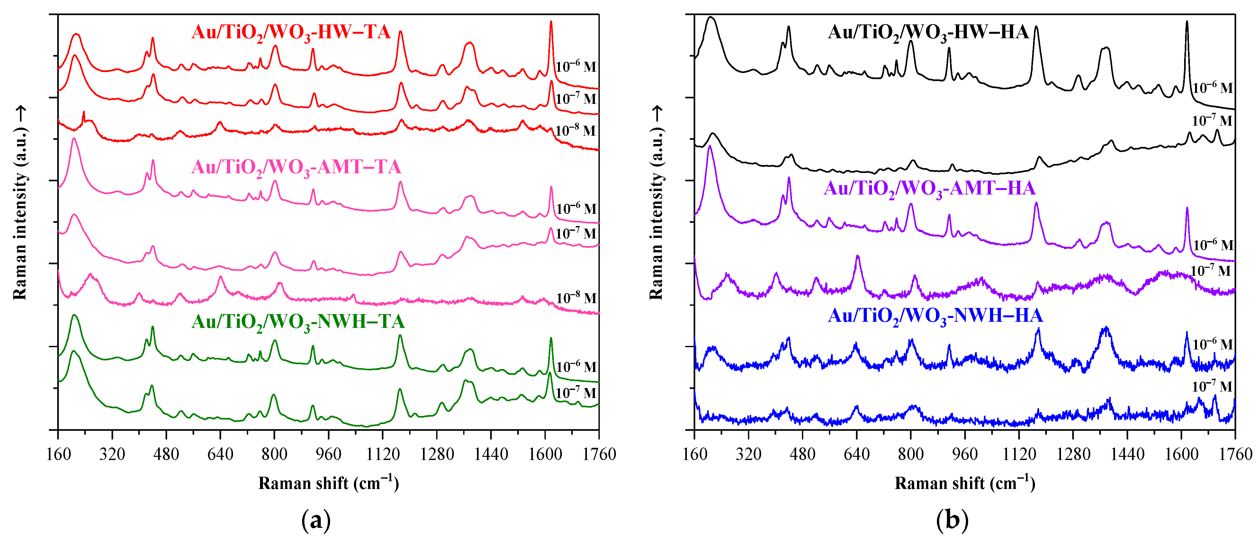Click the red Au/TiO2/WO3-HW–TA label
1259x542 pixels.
pos(291,33)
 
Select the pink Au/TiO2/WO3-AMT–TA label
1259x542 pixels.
pos(296,167)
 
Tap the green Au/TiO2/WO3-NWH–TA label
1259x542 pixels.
pos(298,322)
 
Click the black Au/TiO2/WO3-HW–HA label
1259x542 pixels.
pos(928,33)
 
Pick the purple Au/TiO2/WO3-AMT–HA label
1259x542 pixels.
pos(929,189)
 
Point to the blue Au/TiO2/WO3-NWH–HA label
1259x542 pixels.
pos(935,316)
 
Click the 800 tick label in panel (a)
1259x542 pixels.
pos(274,455)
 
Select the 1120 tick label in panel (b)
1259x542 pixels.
pos(1019,455)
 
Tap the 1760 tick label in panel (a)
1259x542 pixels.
pos(599,455)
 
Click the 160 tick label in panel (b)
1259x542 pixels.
pos(695,455)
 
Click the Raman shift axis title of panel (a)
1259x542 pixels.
pos(328,483)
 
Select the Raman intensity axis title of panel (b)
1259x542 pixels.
pos(656,203)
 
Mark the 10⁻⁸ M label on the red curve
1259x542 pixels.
pos(576,131)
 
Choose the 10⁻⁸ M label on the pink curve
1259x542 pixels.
pos(576,298)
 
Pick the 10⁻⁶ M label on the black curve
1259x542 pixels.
pos(1213,88)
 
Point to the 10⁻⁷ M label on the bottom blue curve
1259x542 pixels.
pos(1212,387)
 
